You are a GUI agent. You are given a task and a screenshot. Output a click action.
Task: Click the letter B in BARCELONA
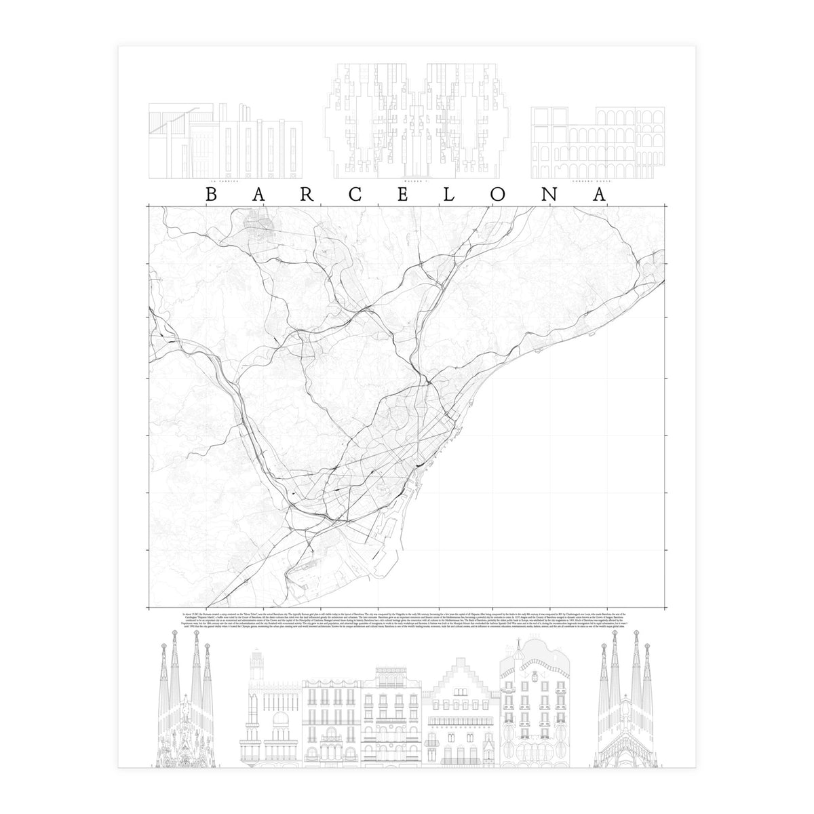click(x=210, y=194)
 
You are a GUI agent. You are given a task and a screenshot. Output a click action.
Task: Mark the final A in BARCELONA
click(x=601, y=194)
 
